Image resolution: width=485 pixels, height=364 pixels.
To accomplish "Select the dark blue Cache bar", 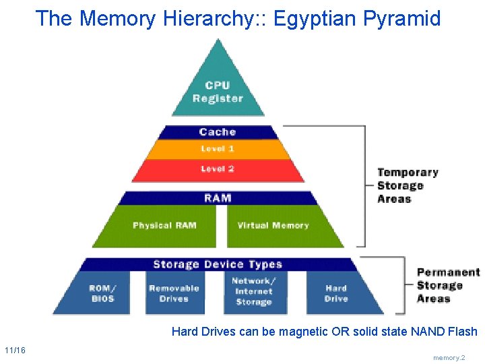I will coord(218,132).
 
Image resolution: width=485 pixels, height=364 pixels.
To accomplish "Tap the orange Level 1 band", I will coord(218,149).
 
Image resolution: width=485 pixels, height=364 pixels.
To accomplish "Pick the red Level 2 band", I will coord(218,169).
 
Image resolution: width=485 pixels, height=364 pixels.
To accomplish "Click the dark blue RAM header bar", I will coord(218,198).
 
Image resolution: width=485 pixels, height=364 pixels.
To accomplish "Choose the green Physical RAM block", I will coord(164,226).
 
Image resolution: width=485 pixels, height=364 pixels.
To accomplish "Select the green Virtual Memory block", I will coord(273,226).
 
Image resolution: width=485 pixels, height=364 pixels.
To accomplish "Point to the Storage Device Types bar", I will coord(218,264).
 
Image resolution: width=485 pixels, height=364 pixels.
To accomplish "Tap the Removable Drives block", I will coord(174,293).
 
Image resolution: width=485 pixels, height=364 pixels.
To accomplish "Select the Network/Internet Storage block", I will coord(253,292).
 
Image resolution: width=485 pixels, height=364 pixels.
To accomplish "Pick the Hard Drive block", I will coord(336,293).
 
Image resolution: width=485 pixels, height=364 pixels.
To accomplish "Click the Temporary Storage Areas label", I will coord(408,186).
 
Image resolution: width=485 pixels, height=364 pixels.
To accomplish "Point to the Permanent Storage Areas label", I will coord(448,285).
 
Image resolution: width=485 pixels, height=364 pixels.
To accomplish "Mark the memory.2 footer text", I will coord(449,358).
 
